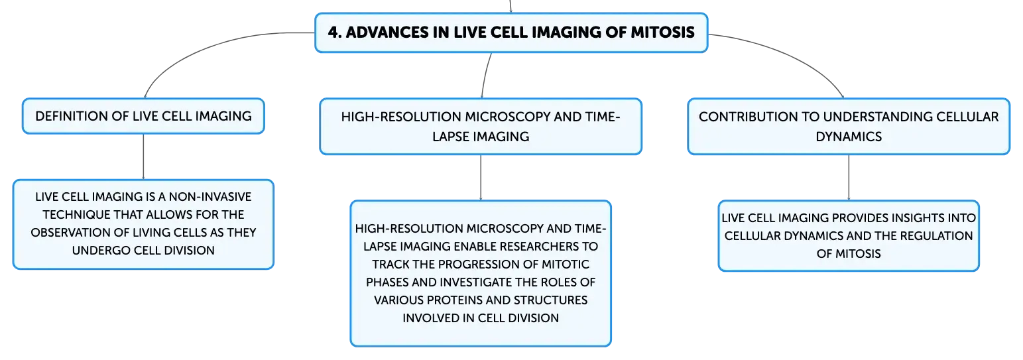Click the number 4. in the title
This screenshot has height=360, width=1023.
[335, 32]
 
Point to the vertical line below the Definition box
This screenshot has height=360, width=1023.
[143, 156]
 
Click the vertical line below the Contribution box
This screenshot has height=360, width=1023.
[849, 178]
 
